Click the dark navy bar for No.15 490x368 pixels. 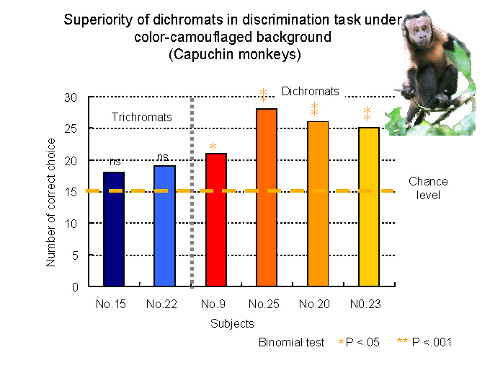point(114,229)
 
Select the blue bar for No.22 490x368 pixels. point(165,226)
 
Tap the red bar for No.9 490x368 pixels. point(216,219)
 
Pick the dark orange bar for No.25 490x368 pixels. point(267,198)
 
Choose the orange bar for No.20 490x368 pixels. point(318,203)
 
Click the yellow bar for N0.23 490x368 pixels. point(369,207)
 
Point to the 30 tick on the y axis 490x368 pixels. point(71,97)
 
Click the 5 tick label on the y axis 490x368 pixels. point(75,255)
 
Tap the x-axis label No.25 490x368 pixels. point(264,304)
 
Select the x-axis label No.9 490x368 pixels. point(213,304)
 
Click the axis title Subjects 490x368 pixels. point(232,323)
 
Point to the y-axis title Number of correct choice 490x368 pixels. point(50,203)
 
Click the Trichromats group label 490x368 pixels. point(141,117)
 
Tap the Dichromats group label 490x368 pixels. point(311,91)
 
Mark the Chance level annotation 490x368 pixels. point(428,188)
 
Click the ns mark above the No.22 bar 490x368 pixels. point(163,157)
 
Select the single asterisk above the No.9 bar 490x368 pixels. point(213,146)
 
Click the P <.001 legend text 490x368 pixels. point(432,342)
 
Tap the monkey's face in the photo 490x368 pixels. point(421,32)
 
